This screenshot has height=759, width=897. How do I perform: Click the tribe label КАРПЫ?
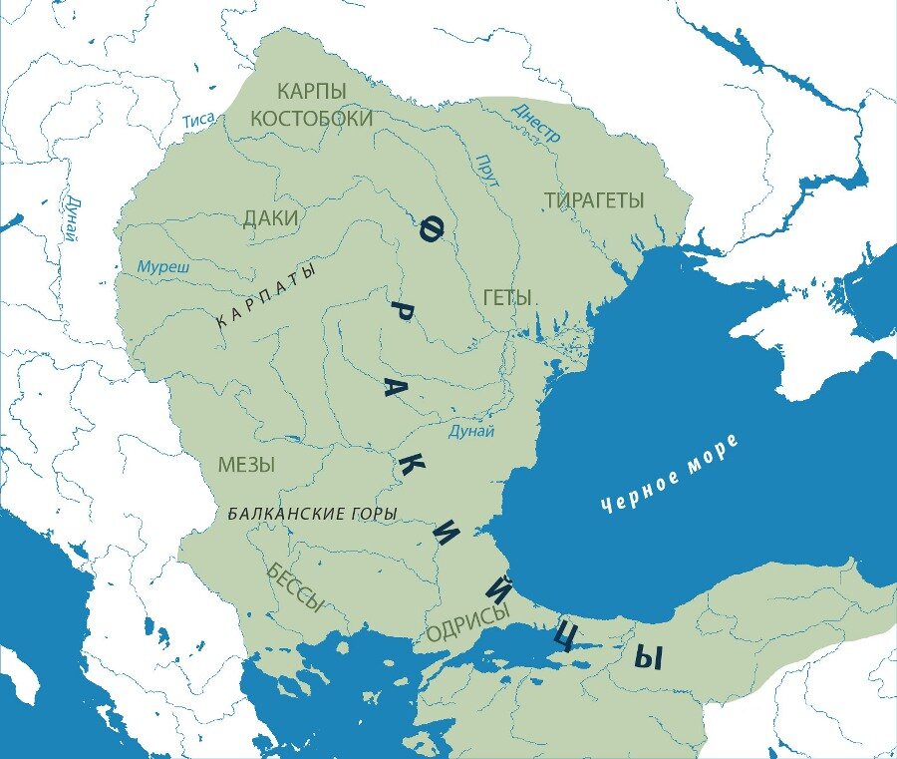(x=311, y=91)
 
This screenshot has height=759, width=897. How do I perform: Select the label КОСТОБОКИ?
(x=311, y=119)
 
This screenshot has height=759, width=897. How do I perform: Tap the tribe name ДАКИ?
(x=271, y=219)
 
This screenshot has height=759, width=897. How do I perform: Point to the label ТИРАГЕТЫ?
(x=594, y=200)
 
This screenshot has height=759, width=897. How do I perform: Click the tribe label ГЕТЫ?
(x=506, y=297)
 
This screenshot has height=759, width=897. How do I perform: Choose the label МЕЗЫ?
(x=246, y=465)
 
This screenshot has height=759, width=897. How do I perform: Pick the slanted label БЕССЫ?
(x=295, y=586)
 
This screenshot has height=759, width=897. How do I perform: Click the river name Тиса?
(x=199, y=121)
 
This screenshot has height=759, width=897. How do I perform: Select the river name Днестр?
(x=537, y=123)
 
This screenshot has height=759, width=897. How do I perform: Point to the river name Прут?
(x=488, y=171)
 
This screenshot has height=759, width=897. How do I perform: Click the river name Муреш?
(x=163, y=267)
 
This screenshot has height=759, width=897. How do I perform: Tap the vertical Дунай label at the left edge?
(x=70, y=219)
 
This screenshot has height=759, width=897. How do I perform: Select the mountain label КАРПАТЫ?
(x=266, y=295)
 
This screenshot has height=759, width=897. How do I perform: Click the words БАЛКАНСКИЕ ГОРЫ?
(x=312, y=514)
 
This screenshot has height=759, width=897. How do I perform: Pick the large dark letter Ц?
(x=563, y=635)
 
